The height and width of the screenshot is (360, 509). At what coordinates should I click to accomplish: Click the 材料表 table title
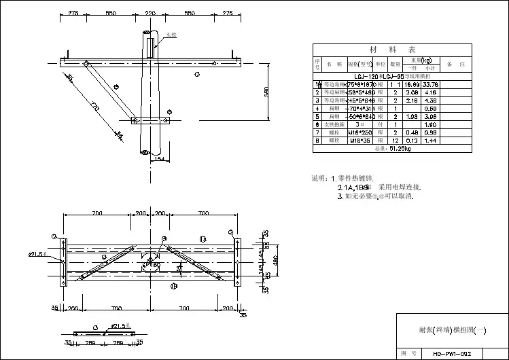pos(391,50)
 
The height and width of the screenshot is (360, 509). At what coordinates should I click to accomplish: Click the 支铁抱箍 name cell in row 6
pos(334,124)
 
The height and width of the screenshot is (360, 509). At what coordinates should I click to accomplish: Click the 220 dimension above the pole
pos(151,13)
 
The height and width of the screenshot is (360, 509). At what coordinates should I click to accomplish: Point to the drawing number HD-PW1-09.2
pos(452,353)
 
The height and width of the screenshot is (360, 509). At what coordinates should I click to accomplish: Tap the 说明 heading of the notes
pos(319,178)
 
